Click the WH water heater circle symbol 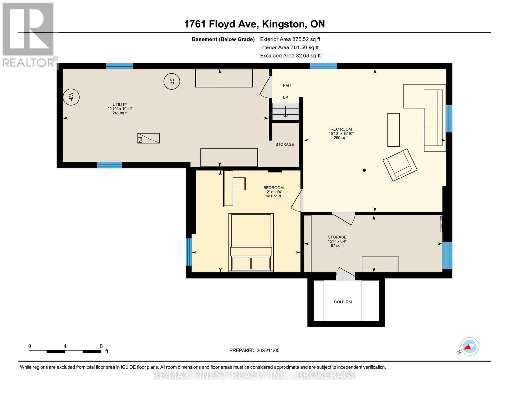71,97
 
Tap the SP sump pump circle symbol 171,81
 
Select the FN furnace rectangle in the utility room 148,138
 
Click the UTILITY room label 120,105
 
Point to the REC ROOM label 341,129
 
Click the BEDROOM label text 273,188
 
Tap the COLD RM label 343,302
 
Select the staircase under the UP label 285,111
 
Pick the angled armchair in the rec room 400,165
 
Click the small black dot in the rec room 364,170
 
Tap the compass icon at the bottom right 469,346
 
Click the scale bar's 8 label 101,346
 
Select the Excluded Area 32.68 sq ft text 290,56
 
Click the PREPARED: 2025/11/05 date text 254,350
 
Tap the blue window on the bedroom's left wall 188,252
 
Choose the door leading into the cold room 345,274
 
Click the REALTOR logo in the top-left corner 29,34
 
